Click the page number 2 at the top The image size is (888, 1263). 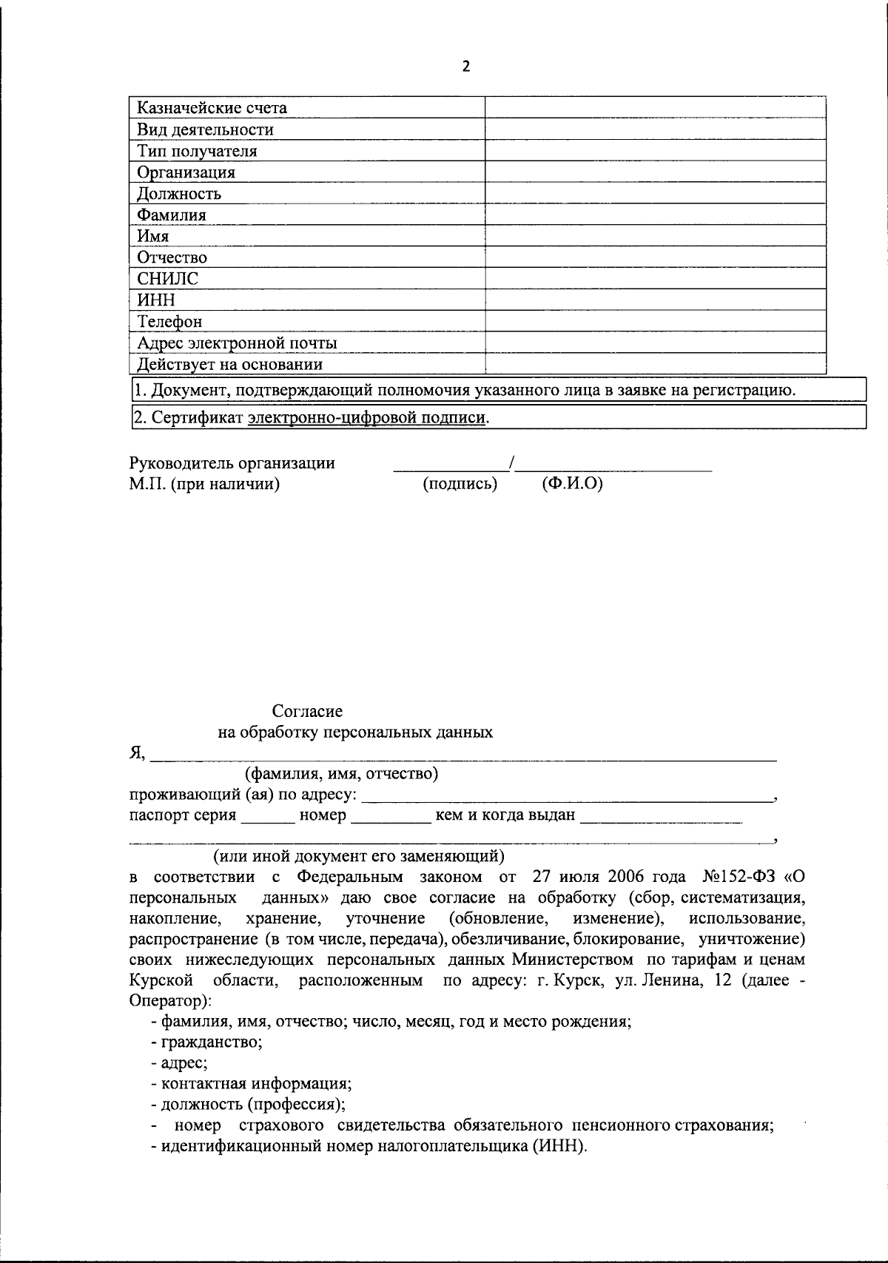click(465, 67)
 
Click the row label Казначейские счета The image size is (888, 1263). click(212, 108)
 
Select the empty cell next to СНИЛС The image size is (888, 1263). click(655, 279)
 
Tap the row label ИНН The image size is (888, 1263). click(156, 300)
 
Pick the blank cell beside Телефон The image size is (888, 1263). click(655, 321)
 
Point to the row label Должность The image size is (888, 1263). click(179, 194)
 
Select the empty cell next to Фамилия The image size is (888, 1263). click(655, 215)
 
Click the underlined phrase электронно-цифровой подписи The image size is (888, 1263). click(367, 417)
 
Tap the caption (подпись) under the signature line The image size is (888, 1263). click(460, 484)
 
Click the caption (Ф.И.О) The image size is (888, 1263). click(572, 484)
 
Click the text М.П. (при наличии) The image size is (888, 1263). click(204, 485)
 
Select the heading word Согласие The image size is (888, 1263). click(307, 711)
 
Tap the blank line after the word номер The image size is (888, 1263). click(390, 821)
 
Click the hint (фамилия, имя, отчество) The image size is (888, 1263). click(342, 774)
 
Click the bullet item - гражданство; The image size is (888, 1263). click(206, 1043)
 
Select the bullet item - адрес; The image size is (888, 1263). click(179, 1063)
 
